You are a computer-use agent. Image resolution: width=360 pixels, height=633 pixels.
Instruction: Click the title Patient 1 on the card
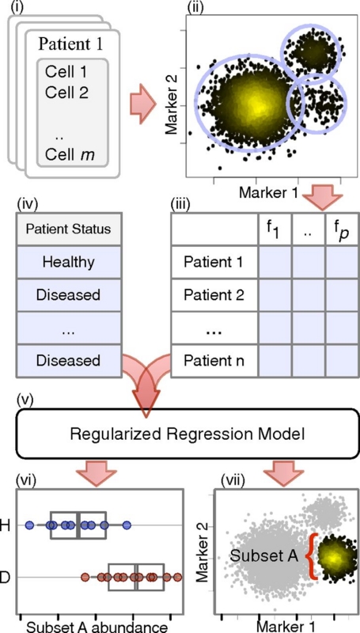point(70,44)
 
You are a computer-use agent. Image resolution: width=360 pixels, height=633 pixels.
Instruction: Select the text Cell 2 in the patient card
point(67,93)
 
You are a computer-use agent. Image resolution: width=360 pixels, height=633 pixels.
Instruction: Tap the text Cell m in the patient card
point(70,154)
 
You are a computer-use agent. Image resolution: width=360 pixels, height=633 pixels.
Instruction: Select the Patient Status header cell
point(68,229)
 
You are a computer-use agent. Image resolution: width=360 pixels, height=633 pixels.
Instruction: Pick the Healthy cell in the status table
point(68,263)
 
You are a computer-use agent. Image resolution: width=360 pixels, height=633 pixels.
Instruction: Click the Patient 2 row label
point(214,295)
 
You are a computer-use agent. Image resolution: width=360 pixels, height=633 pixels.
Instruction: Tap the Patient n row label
point(214,361)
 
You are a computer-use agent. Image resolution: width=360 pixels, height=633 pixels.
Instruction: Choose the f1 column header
point(275,230)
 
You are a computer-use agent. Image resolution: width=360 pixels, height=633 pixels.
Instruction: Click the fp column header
point(342,230)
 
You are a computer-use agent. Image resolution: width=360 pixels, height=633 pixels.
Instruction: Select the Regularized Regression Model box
point(188,434)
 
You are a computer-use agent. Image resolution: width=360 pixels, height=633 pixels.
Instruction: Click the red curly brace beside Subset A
point(311,556)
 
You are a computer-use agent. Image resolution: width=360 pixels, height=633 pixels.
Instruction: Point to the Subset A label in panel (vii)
point(264,556)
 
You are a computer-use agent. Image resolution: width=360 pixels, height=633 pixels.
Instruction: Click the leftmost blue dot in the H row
point(29,525)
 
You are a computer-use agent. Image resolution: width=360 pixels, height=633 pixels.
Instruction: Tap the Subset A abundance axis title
point(97,627)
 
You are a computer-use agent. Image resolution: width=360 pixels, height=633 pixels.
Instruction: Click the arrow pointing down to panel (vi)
point(96,474)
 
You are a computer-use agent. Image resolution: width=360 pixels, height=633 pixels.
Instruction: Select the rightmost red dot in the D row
point(177,578)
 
